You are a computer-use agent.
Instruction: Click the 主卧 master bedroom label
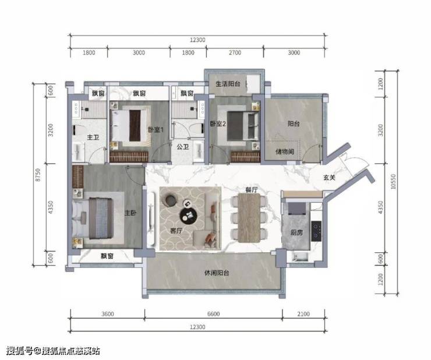[x=130, y=213]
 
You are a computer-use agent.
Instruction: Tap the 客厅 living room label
[x=176, y=231]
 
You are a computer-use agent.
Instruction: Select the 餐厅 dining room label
[x=252, y=190]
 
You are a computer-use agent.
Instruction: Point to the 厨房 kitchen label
[x=296, y=232]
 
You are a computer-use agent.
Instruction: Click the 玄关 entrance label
[x=329, y=178]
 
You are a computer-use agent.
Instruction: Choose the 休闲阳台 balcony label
[x=217, y=273]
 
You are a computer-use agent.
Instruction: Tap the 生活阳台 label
[x=228, y=84]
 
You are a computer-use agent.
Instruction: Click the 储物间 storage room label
[x=285, y=151]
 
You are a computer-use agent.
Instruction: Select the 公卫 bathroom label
[x=182, y=147]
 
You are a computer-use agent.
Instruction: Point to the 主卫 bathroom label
[x=93, y=137]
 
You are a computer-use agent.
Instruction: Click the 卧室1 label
[x=156, y=129]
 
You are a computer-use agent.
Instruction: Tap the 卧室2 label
[x=218, y=123]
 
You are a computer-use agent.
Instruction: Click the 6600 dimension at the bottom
[x=214, y=314]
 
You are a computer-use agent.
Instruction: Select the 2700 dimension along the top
[x=235, y=52]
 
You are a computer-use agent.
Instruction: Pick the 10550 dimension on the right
[x=393, y=182]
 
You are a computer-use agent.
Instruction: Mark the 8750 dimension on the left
[x=38, y=175]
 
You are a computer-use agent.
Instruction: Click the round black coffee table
[x=189, y=215]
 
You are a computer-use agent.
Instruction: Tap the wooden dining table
[x=249, y=218]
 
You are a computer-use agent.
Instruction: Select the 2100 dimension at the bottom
[x=303, y=314]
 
